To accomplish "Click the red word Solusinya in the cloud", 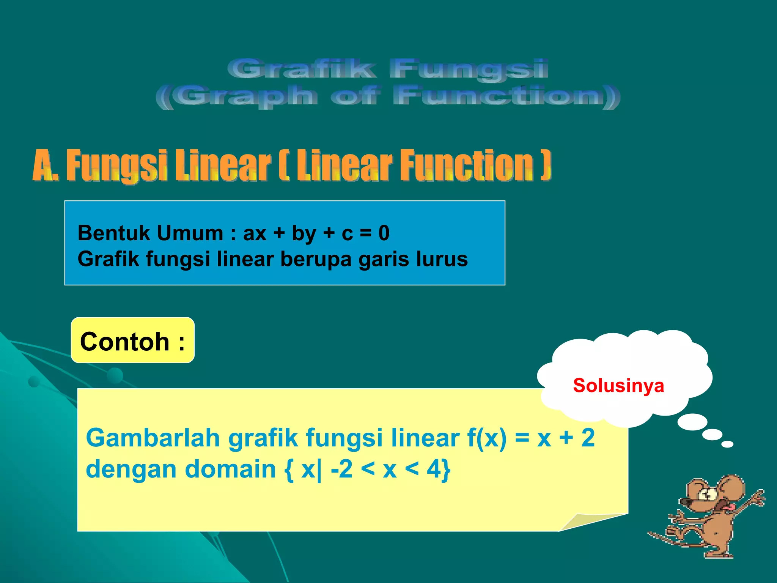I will click(x=618, y=386).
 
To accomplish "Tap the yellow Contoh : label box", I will click(x=132, y=340).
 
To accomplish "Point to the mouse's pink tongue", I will click(x=726, y=507).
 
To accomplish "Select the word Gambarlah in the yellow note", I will click(x=153, y=438).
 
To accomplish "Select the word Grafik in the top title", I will click(x=302, y=69).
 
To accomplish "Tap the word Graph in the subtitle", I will click(x=247, y=96).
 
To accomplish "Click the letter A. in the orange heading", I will click(x=46, y=165).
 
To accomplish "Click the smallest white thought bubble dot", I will click(x=727, y=444).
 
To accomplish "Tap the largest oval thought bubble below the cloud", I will click(x=692, y=422).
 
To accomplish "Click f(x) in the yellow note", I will click(x=487, y=438).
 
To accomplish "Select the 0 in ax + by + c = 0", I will click(x=384, y=233).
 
